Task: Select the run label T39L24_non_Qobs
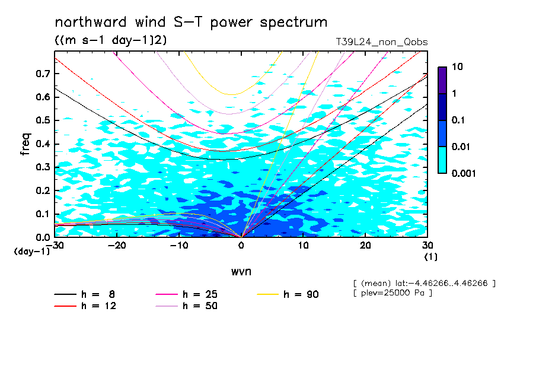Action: [381, 42]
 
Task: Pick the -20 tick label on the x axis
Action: [117, 246]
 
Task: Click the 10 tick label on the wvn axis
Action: [303, 246]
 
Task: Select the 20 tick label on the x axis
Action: [365, 246]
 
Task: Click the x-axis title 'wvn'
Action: [241, 272]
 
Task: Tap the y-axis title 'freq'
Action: [25, 144]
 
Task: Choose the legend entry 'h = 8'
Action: [85, 294]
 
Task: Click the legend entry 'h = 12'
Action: [85, 306]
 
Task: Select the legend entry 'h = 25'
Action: [186, 294]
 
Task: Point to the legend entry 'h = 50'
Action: [186, 306]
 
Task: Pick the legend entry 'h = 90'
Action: [288, 294]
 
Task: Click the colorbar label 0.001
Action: [464, 173]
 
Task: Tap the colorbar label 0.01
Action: [461, 147]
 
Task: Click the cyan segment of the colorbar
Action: [442, 160]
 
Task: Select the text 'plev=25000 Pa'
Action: [393, 293]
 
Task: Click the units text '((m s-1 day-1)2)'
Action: [111, 40]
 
